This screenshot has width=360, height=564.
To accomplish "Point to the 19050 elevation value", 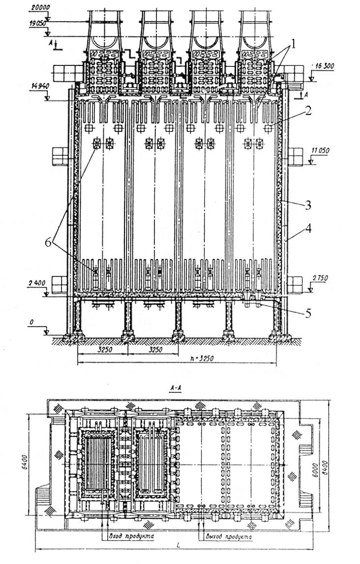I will pos(36,24).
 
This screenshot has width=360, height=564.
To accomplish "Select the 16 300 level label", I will pos(322,72).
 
